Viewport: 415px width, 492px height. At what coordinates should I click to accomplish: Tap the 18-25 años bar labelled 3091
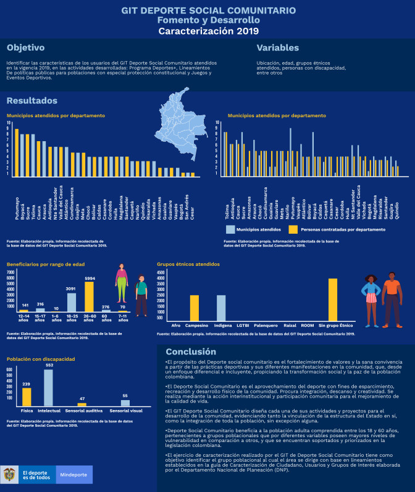72,302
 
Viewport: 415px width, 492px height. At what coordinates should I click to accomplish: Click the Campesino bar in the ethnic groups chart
195,307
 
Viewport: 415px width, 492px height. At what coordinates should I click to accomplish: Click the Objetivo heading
26,47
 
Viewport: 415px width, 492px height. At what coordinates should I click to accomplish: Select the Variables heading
278,47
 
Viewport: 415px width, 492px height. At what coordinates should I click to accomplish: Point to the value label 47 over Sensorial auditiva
82,398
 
